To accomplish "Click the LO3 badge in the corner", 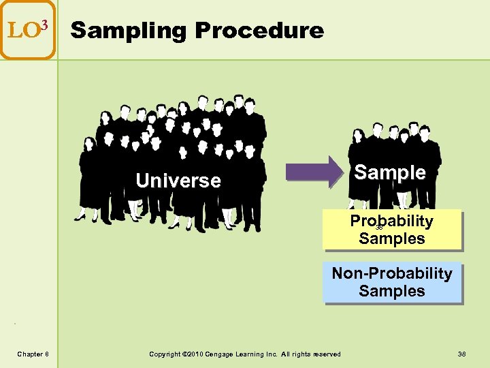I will pos(28,30).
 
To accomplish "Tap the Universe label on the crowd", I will pos(178,181).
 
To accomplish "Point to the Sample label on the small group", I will pos(391,172).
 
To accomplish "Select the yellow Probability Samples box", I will pos(392,230).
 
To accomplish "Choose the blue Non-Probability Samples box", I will pos(392,282).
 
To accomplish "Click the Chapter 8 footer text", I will pos(33,353).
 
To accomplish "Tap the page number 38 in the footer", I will pos(461,353).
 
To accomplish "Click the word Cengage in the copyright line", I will pos(219,353).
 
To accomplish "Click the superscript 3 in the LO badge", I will pos(44,26).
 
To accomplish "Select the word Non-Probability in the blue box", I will pos(392,273).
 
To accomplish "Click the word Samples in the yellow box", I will pos(392,239).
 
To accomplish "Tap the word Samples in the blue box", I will pos(392,291).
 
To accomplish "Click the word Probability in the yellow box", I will pos(392,221).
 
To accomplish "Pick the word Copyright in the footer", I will pos(165,353).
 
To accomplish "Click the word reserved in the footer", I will pos(327,353).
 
